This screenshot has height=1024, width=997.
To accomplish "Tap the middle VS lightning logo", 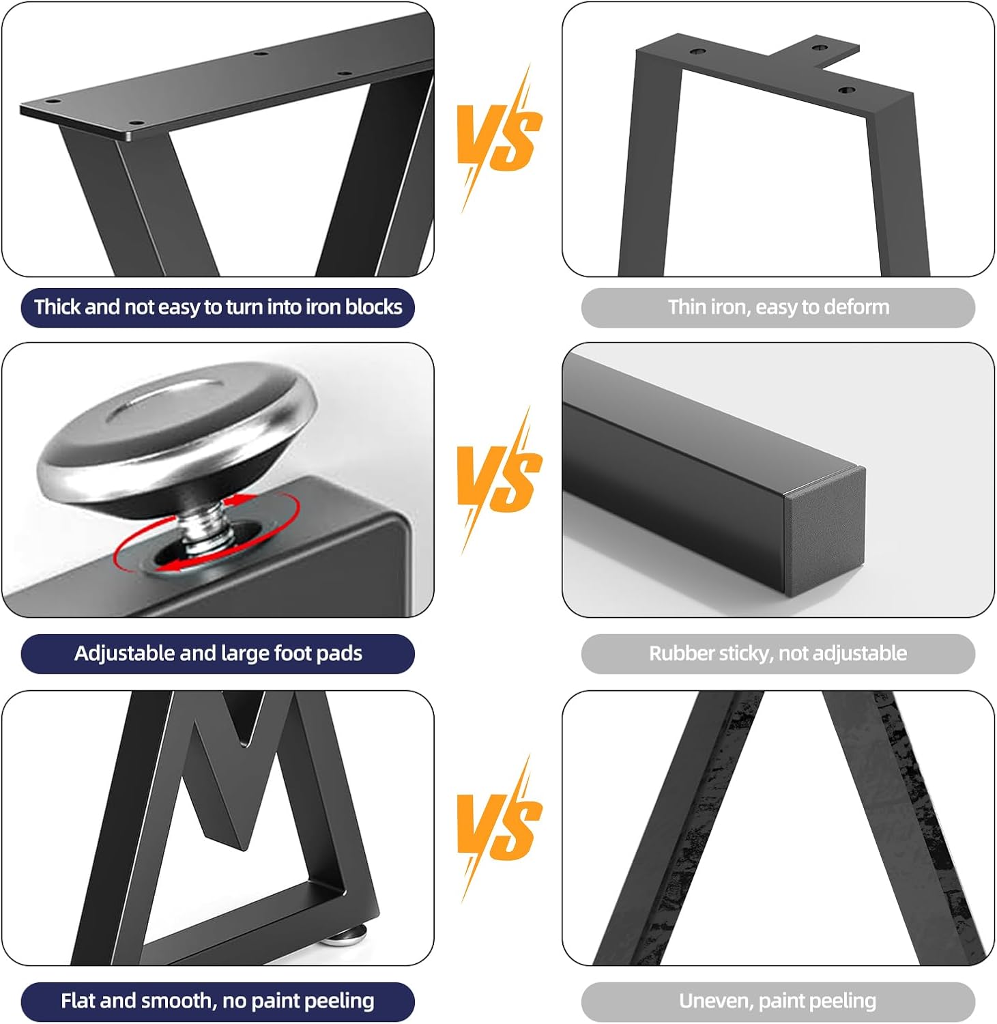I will tap(498, 480).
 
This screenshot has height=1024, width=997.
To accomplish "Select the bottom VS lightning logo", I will tap(498, 828).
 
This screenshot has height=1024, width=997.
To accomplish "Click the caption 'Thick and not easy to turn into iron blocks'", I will tap(218, 307).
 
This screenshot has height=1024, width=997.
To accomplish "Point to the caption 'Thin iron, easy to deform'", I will tap(778, 307).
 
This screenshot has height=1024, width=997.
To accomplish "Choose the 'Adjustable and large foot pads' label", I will tap(218, 653).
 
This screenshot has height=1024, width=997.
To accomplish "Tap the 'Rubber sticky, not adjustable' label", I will tap(778, 653).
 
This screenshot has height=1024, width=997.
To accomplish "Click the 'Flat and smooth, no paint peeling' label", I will tap(218, 1001).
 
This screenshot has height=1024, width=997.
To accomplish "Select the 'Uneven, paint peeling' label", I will tap(778, 1001).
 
